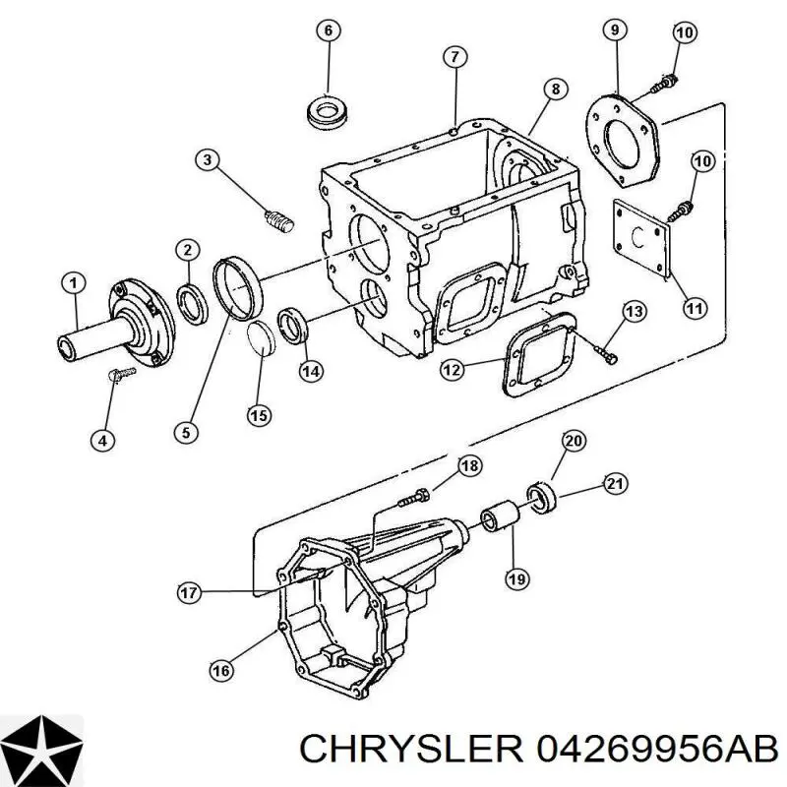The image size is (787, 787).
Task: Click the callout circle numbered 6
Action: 328,30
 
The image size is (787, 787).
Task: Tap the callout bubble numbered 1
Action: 74,283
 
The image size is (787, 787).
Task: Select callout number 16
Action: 221,671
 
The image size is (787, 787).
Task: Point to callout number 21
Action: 615,484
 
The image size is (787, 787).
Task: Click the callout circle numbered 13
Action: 635,312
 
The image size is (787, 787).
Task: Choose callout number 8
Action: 555,90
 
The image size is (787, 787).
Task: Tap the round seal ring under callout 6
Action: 329,115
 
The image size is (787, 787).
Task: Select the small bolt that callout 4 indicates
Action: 122,374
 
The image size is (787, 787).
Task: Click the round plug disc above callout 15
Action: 261,337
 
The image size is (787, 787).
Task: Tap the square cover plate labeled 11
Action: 642,237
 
